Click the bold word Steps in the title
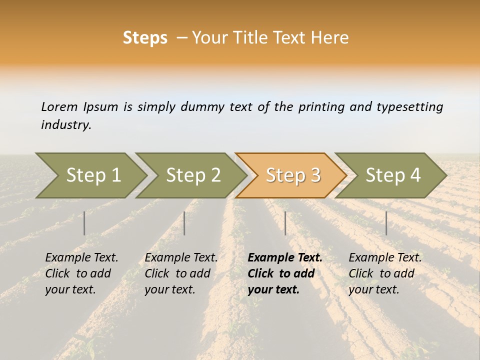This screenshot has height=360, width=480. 145,38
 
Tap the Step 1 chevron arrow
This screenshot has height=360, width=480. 93,175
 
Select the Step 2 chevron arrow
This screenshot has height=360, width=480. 193,175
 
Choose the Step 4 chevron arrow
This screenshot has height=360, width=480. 392,175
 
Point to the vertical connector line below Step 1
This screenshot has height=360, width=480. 84,223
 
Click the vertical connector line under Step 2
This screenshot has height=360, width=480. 184,223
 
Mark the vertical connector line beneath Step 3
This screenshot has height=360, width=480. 285,223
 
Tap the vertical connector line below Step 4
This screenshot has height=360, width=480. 386,223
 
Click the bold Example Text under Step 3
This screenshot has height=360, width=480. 285,258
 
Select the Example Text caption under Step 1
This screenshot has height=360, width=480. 81,258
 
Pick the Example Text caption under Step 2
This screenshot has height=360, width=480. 181,258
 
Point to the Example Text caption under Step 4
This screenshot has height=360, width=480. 385,258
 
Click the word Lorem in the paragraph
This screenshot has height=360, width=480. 59,107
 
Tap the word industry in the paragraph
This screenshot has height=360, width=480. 66,125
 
